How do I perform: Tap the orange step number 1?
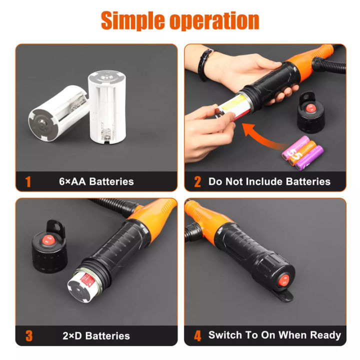click(x=28, y=181)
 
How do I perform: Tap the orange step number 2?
click(x=197, y=181)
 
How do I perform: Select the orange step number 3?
click(x=28, y=335)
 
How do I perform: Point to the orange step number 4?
click(x=197, y=335)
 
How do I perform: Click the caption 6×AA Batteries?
click(x=96, y=181)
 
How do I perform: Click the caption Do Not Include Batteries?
click(x=269, y=181)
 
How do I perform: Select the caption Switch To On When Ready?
click(x=274, y=335)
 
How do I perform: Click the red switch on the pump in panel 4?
click(x=283, y=281)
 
